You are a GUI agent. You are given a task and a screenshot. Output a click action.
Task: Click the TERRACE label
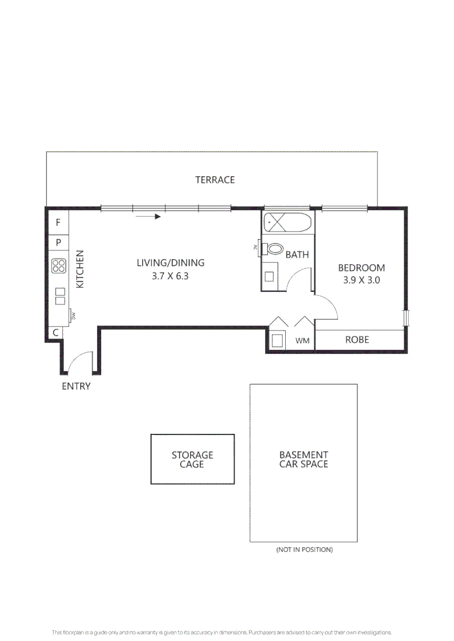[x=215, y=180]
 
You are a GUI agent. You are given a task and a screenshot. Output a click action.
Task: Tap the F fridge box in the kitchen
[x=58, y=223]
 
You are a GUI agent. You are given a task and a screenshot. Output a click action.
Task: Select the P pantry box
[x=58, y=242]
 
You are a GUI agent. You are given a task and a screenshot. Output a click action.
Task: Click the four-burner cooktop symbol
[x=58, y=266]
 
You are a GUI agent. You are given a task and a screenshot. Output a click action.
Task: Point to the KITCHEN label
[x=81, y=269]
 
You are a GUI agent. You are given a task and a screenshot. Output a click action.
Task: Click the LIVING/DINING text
[x=171, y=263]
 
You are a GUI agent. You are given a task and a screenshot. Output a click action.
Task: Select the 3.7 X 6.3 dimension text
[x=171, y=276]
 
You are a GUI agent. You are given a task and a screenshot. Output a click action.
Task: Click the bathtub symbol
[x=287, y=224]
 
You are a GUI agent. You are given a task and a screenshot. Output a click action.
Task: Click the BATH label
[x=297, y=255]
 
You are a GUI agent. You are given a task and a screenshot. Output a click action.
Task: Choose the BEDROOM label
[x=361, y=268]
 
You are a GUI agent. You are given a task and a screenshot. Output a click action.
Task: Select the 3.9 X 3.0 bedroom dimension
[x=361, y=280]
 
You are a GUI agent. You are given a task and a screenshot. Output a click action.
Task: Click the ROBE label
[x=357, y=340]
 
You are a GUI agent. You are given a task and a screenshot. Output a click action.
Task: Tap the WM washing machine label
[x=302, y=341]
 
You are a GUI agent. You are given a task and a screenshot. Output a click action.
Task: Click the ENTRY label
[x=76, y=386]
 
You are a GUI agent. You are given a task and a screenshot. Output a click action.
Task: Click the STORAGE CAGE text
[x=192, y=459]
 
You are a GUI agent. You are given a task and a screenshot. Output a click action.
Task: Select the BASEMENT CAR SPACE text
[x=303, y=459]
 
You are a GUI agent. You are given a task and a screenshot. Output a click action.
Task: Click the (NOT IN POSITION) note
[x=304, y=550]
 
